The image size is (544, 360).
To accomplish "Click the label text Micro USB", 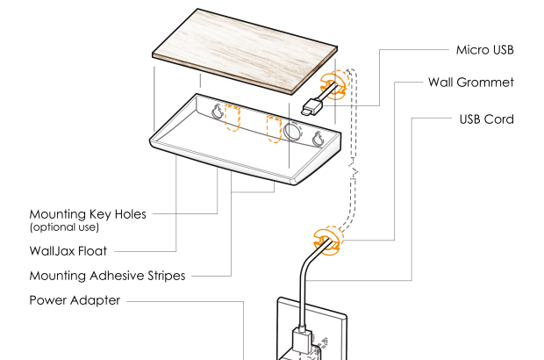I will click(x=484, y=50).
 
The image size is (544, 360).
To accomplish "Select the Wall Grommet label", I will click(x=470, y=83).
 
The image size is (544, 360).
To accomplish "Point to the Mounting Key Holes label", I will click(x=88, y=213).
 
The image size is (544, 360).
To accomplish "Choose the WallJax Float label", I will click(x=68, y=251).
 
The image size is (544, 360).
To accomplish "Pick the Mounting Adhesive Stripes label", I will click(x=107, y=276).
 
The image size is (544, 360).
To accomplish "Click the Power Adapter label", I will click(x=75, y=300).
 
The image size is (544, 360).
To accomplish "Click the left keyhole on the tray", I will click(x=216, y=112).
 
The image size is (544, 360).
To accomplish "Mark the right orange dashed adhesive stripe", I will click(x=275, y=128).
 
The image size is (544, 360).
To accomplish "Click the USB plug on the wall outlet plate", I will click(x=300, y=338).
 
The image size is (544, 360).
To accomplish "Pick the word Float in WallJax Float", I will click(x=90, y=251).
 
